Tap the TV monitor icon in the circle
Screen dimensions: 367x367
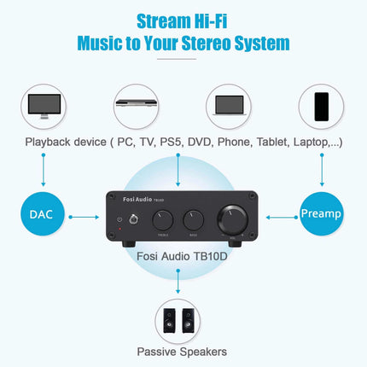pos(43,105)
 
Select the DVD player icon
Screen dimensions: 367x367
pos(136,105)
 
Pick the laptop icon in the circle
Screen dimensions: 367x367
pos(229,105)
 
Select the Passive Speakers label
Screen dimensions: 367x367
pos(183,351)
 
